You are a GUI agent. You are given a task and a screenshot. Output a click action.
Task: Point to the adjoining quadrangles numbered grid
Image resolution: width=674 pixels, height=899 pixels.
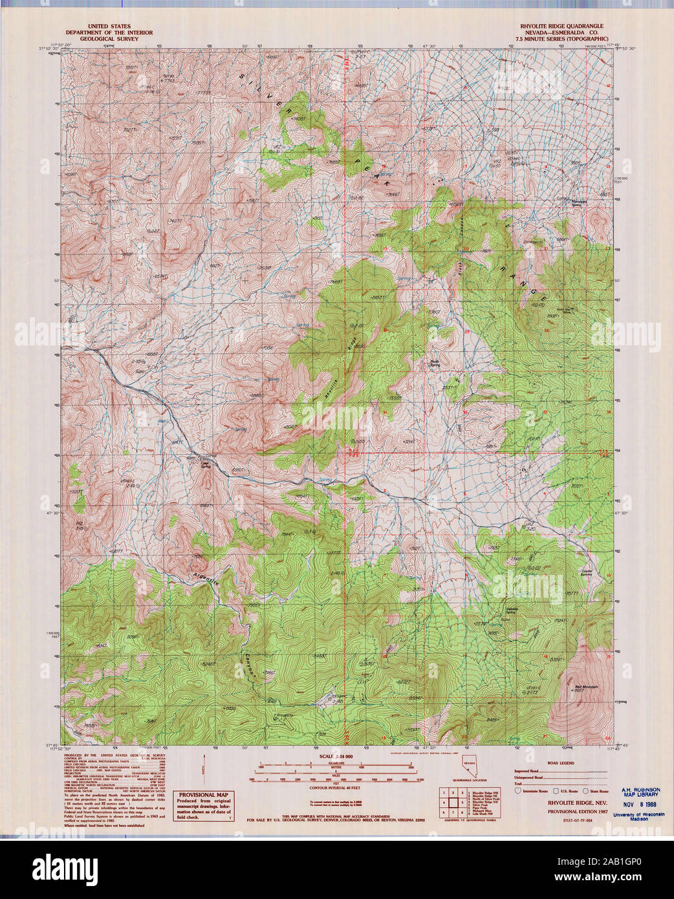(x=452, y=802)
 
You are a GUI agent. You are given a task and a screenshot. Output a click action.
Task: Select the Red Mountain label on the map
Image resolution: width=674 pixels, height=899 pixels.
(x=587, y=686)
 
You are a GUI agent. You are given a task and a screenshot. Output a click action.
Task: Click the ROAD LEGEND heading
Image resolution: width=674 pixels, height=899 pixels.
(x=561, y=763)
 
